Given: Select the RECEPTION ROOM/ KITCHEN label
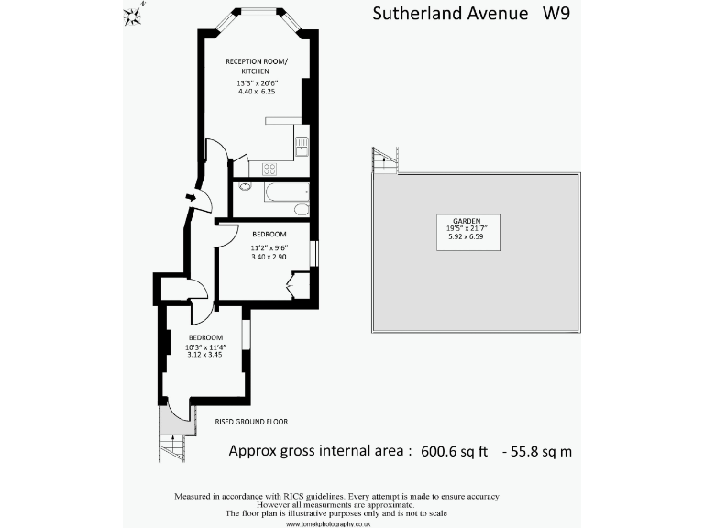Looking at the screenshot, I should click(257, 66).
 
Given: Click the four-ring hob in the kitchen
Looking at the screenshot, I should click(270, 168).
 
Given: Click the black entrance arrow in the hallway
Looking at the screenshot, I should click(190, 196).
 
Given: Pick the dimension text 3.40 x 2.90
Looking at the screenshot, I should click(269, 257).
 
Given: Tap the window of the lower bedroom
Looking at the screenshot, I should click(247, 334).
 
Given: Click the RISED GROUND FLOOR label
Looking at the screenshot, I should click(251, 422).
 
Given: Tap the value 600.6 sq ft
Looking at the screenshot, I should click(455, 452).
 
